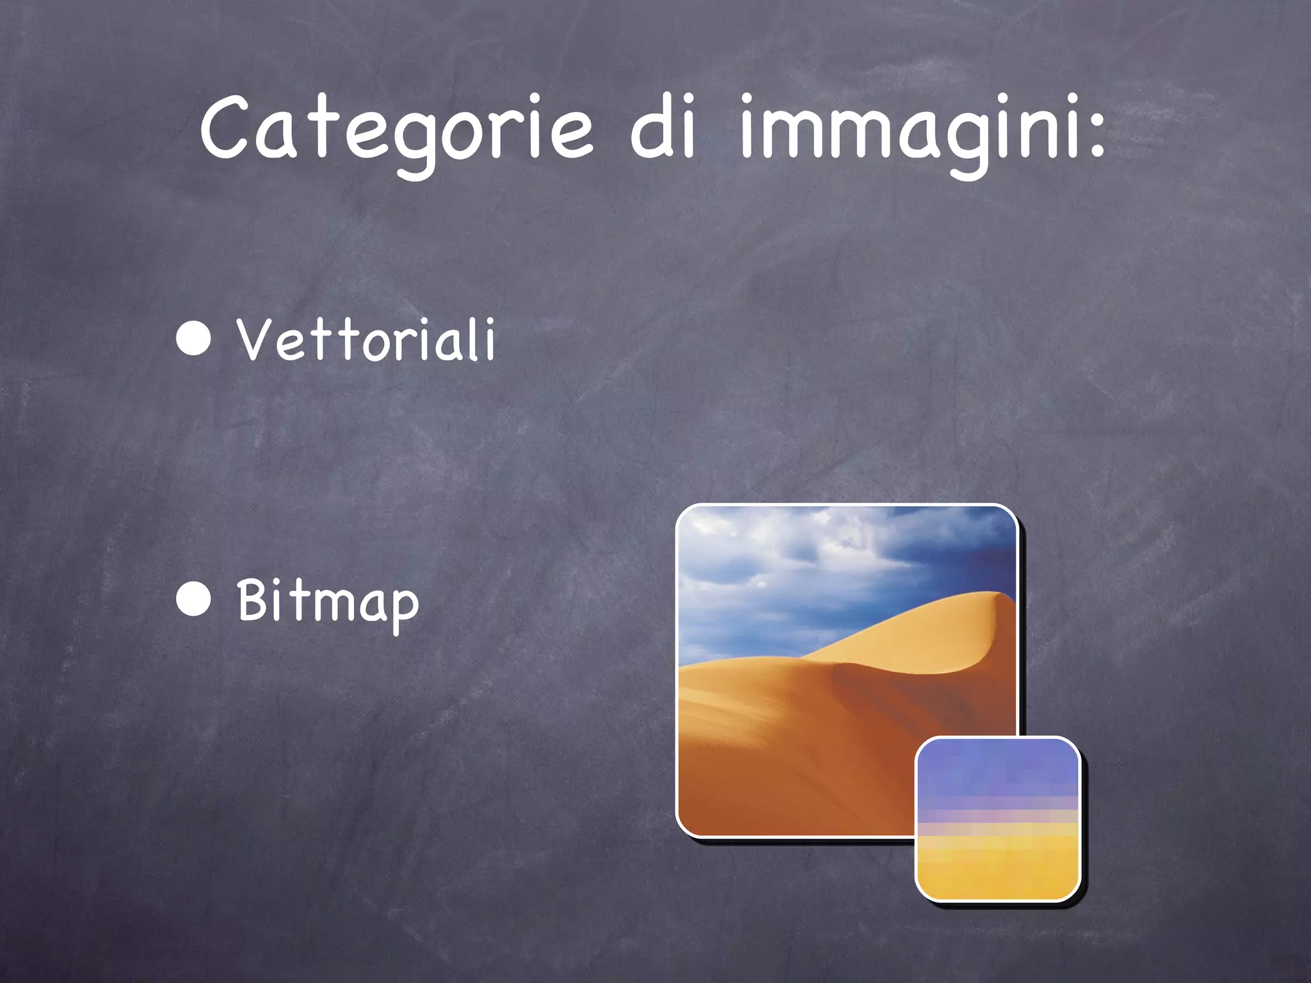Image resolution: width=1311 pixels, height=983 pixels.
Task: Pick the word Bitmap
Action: click(x=328, y=602)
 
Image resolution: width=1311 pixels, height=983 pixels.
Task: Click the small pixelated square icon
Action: click(x=997, y=819)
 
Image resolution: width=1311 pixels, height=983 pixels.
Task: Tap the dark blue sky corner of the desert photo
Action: click(x=986, y=544)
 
